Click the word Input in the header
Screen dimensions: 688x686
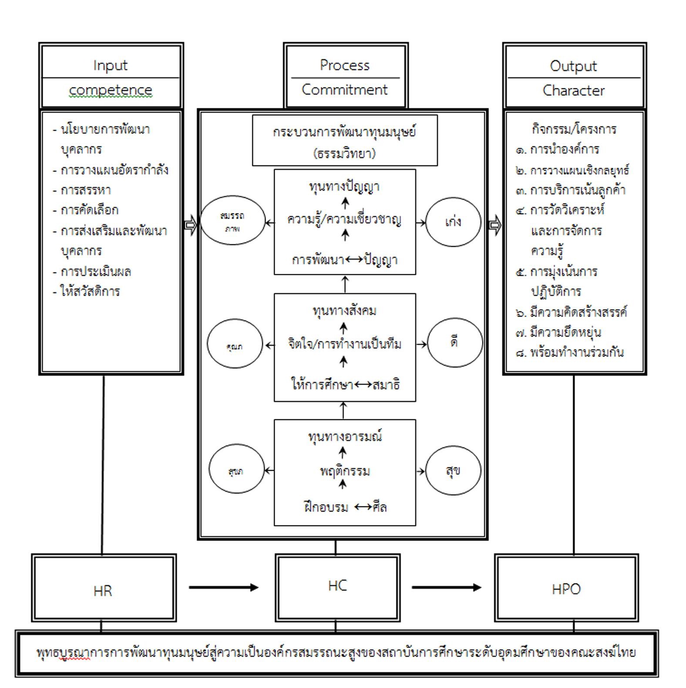[x=110, y=65]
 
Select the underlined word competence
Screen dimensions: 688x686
[x=111, y=90]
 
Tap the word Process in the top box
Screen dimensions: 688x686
[x=344, y=65]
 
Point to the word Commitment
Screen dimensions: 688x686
[x=344, y=90]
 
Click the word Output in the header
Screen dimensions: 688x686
[x=573, y=66]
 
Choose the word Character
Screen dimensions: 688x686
[x=573, y=91]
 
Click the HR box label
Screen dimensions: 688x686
[x=103, y=591]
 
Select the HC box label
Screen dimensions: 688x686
[x=337, y=586]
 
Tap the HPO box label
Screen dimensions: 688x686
[x=566, y=589]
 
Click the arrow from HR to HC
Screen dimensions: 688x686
[x=223, y=587]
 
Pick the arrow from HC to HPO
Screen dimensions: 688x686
[x=446, y=587]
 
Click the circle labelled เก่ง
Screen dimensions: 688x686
[x=453, y=222]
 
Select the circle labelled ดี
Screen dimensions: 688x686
[x=455, y=343]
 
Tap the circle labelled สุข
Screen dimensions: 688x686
[x=453, y=470]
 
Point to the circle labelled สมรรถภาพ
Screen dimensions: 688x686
[x=232, y=220]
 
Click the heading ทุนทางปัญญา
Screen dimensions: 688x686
[x=344, y=186]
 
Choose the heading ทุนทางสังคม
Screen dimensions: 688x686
[x=344, y=311]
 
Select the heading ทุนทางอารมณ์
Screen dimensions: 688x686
[x=345, y=436]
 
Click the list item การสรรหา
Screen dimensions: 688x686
[x=86, y=190]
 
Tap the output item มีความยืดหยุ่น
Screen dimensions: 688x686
[x=565, y=333]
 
